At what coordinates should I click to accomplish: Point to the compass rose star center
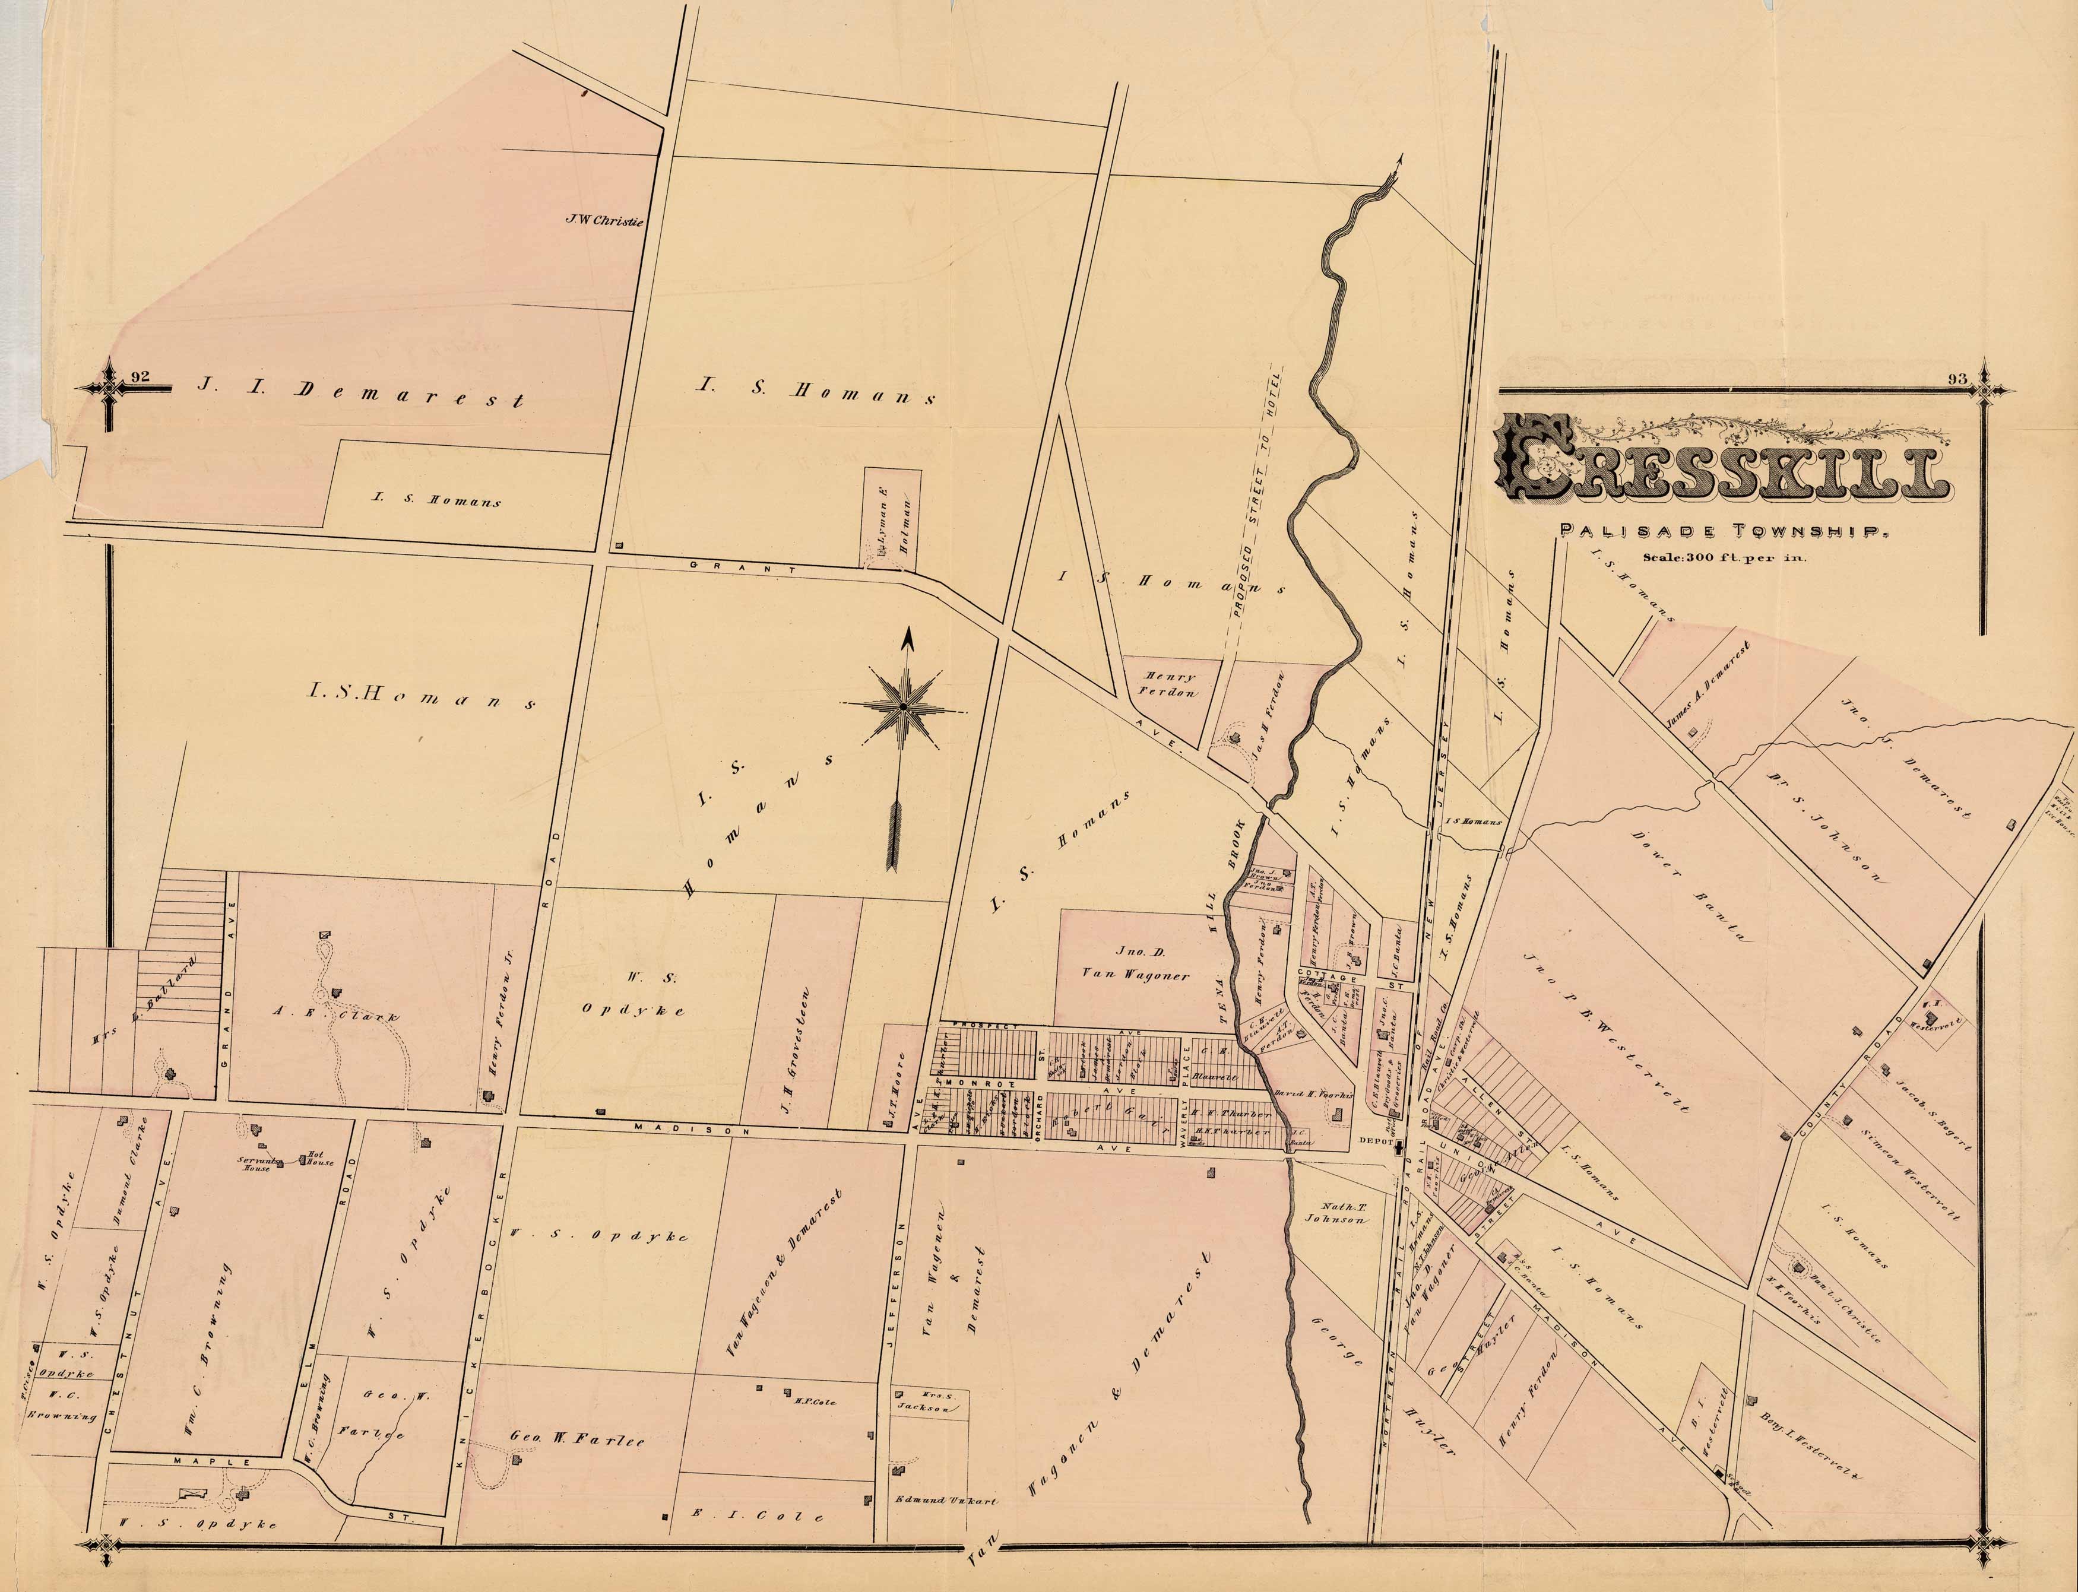click(903, 706)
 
